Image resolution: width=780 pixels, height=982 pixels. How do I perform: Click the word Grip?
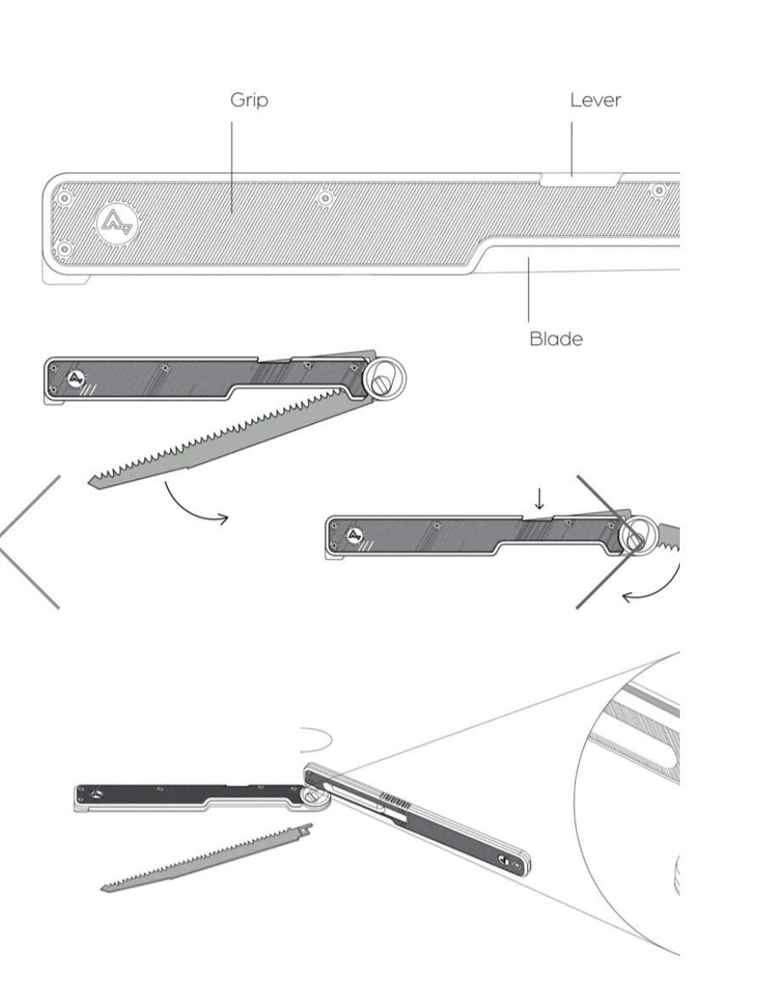click(249, 101)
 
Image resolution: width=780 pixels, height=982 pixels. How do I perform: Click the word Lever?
click(596, 100)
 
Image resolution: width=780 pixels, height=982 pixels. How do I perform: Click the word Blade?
click(556, 339)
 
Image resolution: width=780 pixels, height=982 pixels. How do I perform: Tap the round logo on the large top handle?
click(118, 223)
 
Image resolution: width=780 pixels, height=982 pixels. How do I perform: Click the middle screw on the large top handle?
click(324, 199)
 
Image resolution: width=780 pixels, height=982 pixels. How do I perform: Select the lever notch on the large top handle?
click(581, 180)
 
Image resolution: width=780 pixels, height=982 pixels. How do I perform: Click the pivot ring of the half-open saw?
click(384, 378)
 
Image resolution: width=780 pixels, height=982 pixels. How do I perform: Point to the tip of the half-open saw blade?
click(90, 481)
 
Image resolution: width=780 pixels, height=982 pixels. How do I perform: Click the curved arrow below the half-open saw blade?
click(194, 509)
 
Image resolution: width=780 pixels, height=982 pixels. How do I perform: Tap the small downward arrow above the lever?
click(539, 499)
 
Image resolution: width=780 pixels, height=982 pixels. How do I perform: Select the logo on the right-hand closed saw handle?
click(355, 536)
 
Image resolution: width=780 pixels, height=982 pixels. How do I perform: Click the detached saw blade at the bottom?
click(206, 858)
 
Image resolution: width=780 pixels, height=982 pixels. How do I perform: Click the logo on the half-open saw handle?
click(76, 379)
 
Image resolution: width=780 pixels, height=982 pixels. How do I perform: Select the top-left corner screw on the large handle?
click(63, 199)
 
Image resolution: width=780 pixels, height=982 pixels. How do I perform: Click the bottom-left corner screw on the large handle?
click(63, 250)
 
